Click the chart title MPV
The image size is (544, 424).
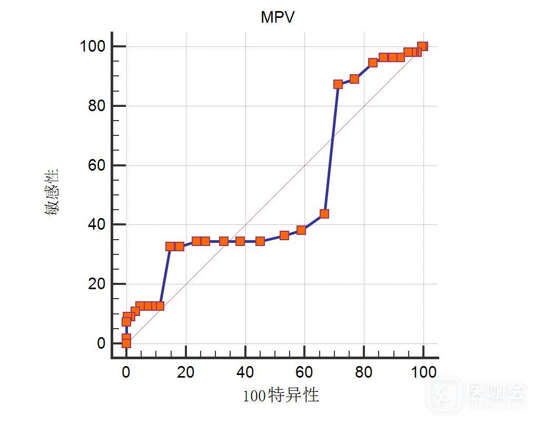[x=278, y=17]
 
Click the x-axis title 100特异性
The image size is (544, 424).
[x=281, y=395]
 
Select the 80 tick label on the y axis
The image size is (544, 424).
[x=97, y=106]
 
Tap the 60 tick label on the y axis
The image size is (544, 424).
[x=97, y=165]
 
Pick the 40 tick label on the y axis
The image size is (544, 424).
[x=97, y=225]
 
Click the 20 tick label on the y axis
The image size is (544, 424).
[x=97, y=284]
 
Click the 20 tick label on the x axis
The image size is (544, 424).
[x=185, y=372]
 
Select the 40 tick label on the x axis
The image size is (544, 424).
[x=245, y=372]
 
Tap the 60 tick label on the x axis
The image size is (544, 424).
[x=304, y=372]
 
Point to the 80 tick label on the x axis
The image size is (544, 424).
[x=364, y=372]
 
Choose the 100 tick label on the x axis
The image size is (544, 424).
[x=423, y=372]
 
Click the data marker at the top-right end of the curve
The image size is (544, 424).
[x=422, y=46]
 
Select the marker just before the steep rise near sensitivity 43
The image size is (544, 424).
[x=324, y=214]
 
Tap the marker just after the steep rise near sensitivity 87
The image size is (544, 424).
[x=338, y=84]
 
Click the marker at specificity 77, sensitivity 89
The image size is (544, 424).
[x=354, y=79]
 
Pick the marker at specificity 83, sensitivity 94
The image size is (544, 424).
[x=373, y=63]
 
